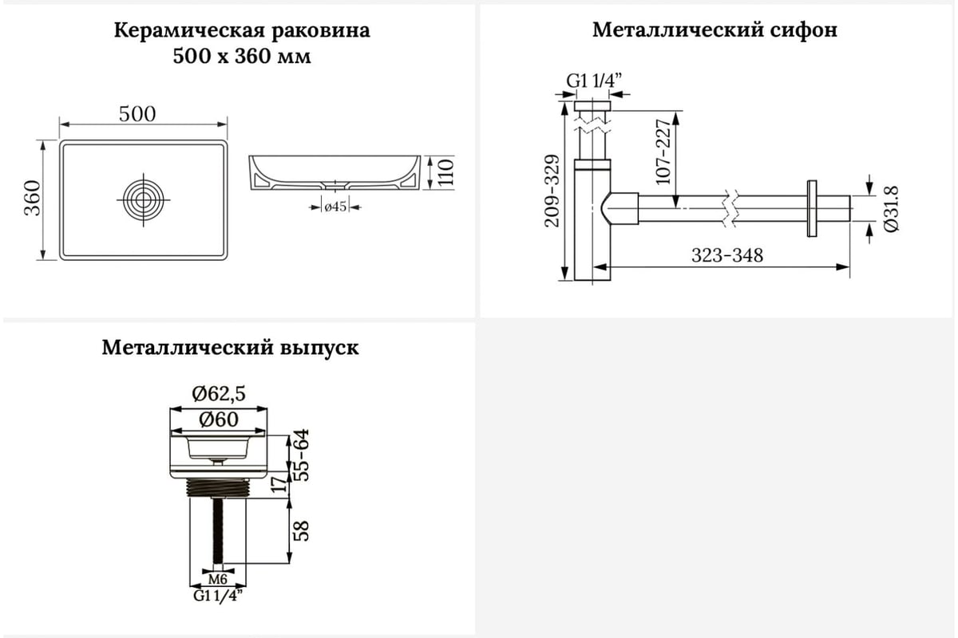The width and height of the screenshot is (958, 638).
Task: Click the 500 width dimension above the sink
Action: [137, 114]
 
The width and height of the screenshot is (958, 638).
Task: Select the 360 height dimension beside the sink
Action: [33, 198]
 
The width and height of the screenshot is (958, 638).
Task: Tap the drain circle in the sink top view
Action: [143, 199]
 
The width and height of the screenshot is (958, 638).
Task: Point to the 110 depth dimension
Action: [445, 172]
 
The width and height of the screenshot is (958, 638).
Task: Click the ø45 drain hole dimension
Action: [335, 207]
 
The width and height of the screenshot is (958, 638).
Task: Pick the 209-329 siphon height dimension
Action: [552, 191]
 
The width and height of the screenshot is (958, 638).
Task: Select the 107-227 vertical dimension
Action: [663, 152]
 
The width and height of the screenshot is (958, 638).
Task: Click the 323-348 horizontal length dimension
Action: [727, 255]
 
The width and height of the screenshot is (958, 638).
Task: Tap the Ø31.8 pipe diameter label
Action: [891, 209]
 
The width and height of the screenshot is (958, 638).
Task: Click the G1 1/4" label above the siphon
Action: [594, 80]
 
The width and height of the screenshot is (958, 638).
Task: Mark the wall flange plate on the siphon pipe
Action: [812, 208]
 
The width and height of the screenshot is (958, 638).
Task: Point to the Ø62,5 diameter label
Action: [219, 393]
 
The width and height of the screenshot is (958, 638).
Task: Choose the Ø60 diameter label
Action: [219, 419]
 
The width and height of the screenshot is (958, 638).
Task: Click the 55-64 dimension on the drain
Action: [302, 455]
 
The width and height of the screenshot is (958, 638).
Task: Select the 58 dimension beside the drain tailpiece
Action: [302, 531]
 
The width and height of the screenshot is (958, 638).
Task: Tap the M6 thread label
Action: [218, 579]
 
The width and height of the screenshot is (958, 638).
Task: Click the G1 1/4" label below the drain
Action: [218, 595]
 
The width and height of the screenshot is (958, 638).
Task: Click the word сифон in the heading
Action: [804, 30]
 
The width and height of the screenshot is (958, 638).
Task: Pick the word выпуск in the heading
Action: [319, 349]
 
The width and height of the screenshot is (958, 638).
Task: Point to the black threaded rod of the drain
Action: [218, 531]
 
